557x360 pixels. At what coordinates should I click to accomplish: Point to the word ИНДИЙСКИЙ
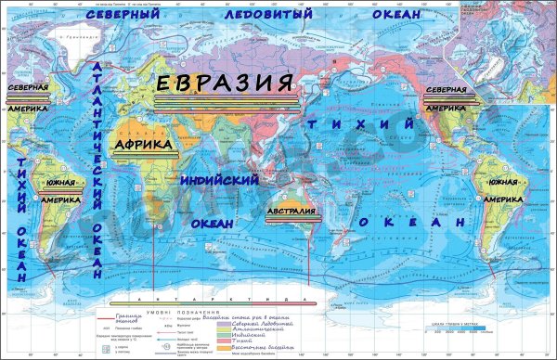pos(219,179)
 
